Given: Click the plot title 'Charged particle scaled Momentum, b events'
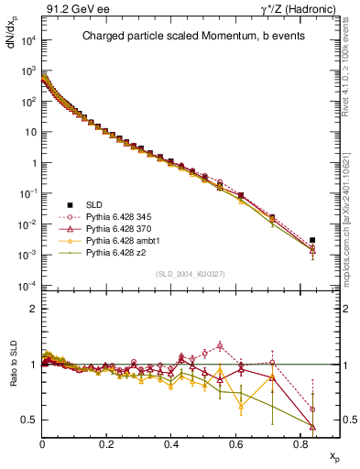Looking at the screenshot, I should coord(191,38).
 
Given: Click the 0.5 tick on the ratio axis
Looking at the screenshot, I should coord(30,420).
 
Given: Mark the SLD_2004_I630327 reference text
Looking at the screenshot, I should coord(191,274).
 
